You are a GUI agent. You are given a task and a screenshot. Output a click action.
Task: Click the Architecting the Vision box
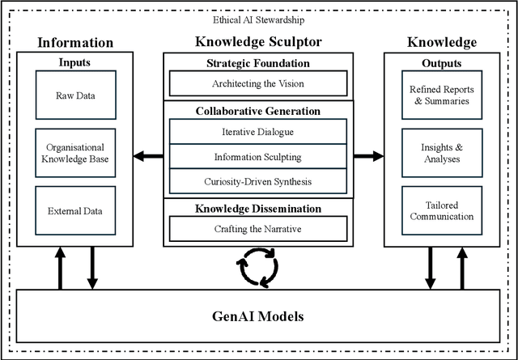click(x=258, y=83)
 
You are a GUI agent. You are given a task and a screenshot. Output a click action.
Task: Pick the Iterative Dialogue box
click(x=258, y=133)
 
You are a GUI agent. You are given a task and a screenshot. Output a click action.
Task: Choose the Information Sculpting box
click(x=258, y=158)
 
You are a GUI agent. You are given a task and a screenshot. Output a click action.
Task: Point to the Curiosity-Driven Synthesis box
click(x=258, y=182)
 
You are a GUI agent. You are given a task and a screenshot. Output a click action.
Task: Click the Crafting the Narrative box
click(x=258, y=229)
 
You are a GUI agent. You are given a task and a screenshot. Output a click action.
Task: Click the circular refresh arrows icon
click(x=258, y=268)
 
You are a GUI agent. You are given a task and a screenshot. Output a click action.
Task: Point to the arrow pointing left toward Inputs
click(x=146, y=156)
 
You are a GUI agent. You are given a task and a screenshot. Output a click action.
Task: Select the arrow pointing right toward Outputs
click(x=369, y=156)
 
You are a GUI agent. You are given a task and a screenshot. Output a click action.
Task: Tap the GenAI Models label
click(x=258, y=316)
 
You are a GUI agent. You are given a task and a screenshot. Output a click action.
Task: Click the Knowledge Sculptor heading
click(x=258, y=41)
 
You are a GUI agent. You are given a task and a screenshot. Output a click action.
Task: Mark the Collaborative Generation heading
click(x=258, y=111)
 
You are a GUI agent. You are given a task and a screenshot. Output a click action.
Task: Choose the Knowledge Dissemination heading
click(x=258, y=208)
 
